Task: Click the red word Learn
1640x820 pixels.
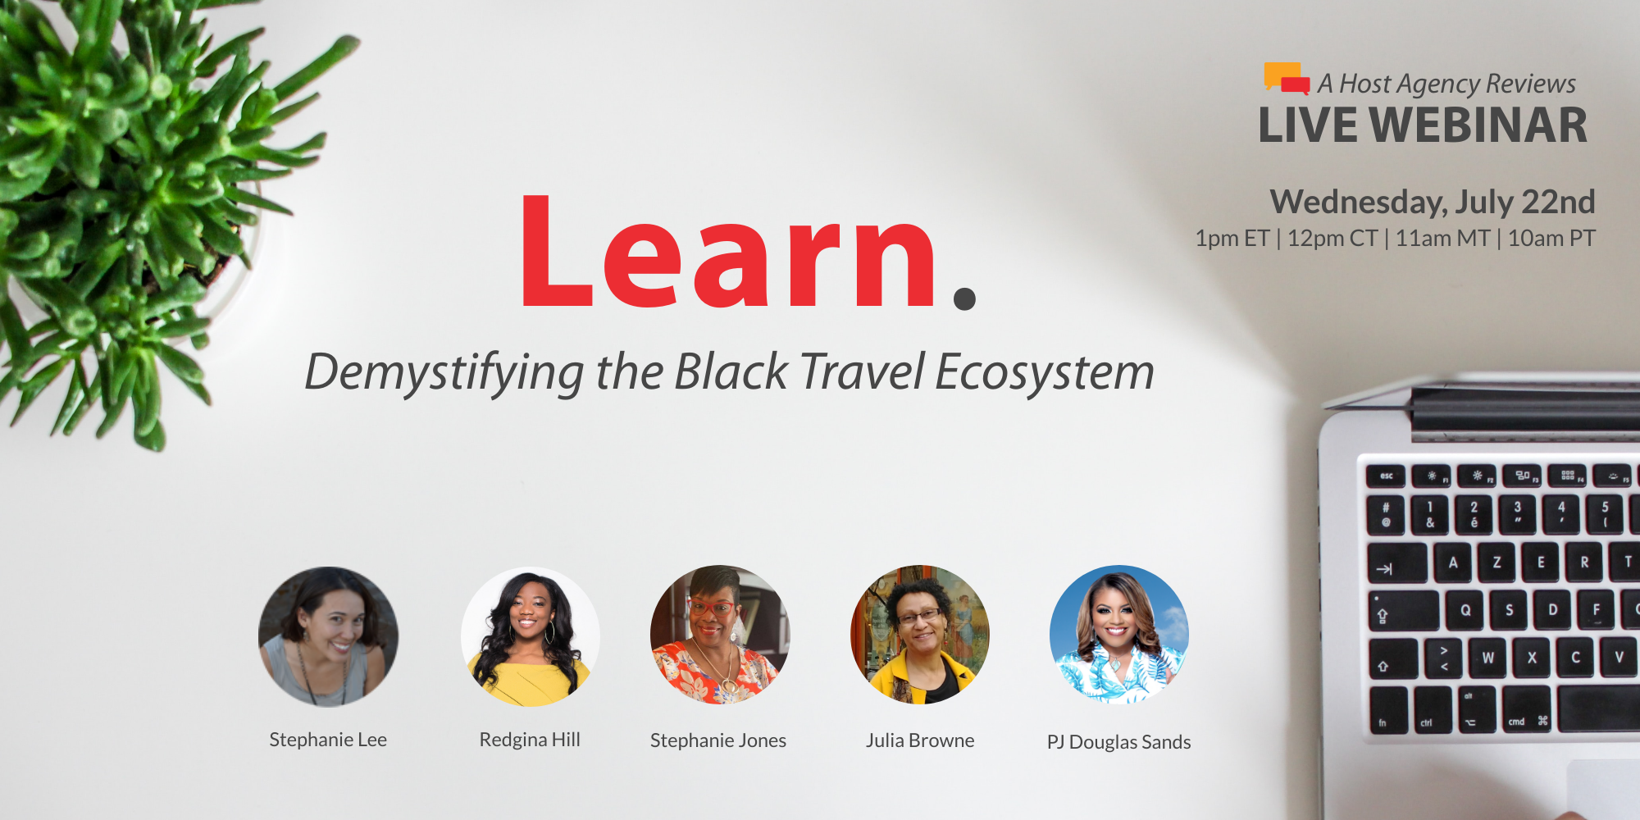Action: [x=728, y=252]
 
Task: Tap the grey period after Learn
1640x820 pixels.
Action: [x=965, y=298]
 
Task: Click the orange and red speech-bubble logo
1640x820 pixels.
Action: [x=1287, y=78]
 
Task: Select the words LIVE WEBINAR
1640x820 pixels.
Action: [x=1423, y=125]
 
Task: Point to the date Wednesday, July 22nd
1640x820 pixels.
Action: [x=1433, y=202]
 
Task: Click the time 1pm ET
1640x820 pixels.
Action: [x=1232, y=239]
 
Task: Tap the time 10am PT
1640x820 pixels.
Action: [x=1551, y=239]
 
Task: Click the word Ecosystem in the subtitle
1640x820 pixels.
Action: [x=1045, y=373]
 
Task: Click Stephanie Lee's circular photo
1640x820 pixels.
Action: [x=328, y=636]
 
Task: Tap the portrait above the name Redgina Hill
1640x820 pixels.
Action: [x=531, y=636]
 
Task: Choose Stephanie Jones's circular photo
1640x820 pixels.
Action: [x=720, y=635]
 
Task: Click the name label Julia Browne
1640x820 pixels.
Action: [x=920, y=740]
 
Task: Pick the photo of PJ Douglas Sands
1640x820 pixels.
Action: [x=1119, y=635]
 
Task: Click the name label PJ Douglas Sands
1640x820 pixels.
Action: [x=1118, y=742]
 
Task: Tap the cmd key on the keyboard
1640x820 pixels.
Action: [x=1527, y=709]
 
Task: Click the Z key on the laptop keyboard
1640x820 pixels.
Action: [x=1498, y=563]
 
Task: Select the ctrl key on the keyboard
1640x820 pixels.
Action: [x=1433, y=709]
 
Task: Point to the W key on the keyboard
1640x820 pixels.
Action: [x=1487, y=658]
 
